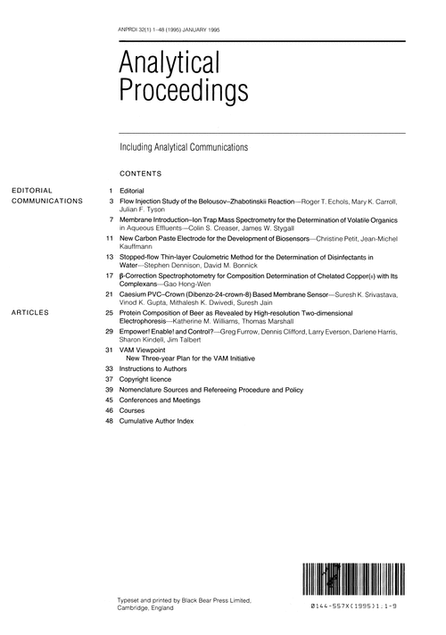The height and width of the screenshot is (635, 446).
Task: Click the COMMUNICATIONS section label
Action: (46, 202)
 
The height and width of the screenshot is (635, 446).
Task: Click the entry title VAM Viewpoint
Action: (144, 350)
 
